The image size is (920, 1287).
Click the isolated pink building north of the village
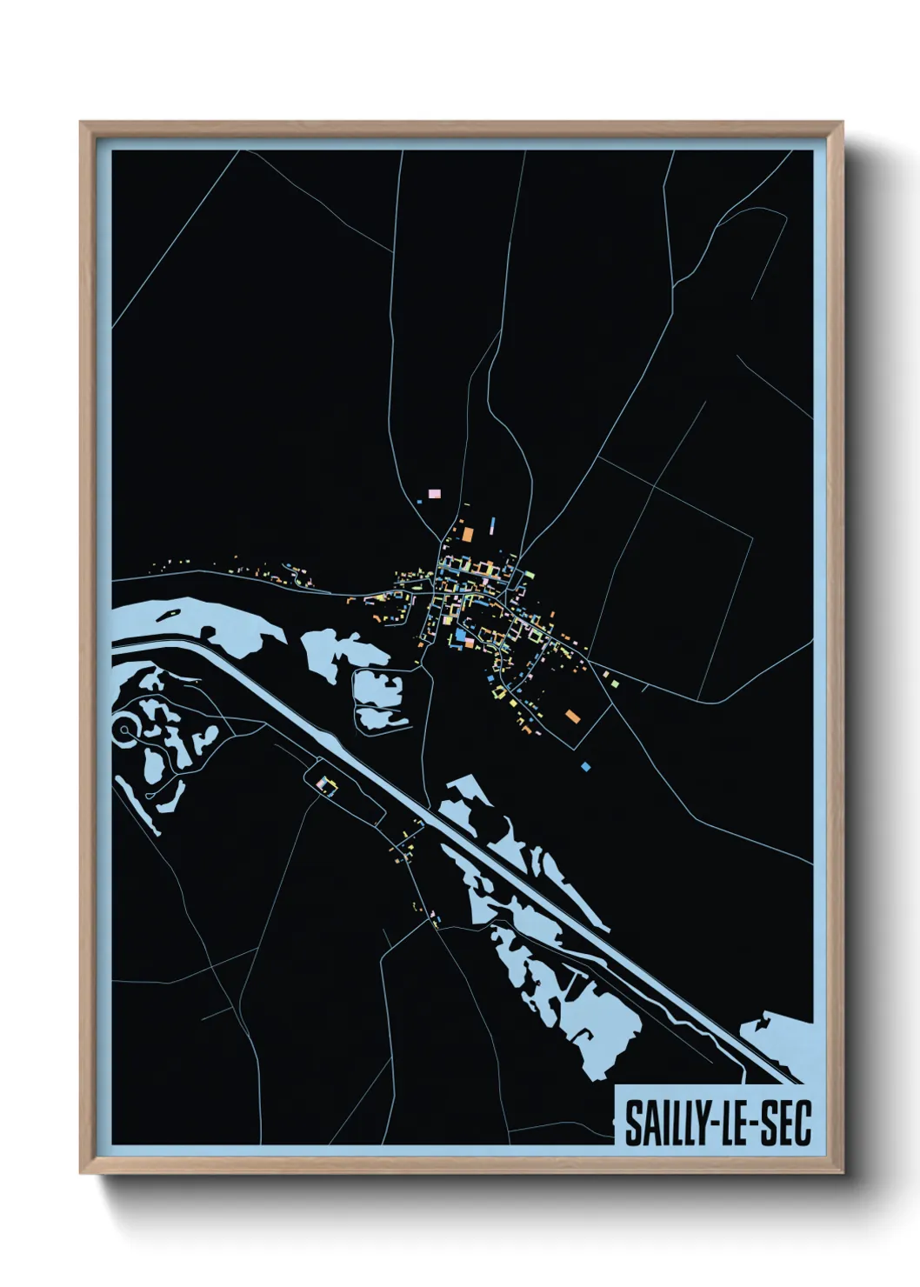pos(434,494)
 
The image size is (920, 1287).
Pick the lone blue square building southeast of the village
pos(586,766)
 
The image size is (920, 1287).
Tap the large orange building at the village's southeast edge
pos(572,717)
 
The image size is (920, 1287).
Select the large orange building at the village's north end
pos(467,533)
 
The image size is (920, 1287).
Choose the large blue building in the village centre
pos(459,636)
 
